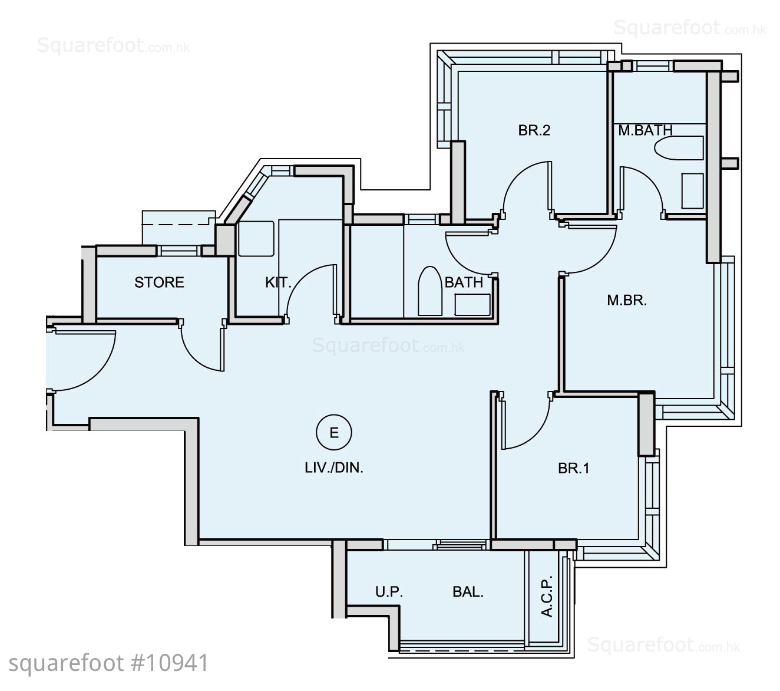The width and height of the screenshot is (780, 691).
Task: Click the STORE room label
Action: [159, 282]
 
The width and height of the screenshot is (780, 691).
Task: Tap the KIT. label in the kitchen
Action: [278, 282]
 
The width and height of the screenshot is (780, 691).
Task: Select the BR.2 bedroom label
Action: [534, 130]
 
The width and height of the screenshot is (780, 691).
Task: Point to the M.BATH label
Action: [645, 130]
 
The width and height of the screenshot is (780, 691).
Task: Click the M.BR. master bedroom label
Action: [627, 300]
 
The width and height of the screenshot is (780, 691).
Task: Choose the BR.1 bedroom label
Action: [574, 468]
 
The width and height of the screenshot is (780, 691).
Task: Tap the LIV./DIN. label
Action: [334, 468]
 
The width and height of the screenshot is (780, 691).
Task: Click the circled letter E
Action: [334, 432]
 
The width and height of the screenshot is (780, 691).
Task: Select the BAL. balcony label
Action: [468, 591]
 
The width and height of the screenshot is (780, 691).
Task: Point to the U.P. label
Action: [389, 591]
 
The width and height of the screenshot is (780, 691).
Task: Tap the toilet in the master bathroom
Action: [678, 147]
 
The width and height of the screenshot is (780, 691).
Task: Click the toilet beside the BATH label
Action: [429, 291]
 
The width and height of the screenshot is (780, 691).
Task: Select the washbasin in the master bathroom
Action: [692, 191]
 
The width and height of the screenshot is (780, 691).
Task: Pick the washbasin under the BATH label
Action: [472, 305]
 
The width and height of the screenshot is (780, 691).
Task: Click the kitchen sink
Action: [256, 239]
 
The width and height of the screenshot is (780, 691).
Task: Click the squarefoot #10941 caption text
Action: [108, 663]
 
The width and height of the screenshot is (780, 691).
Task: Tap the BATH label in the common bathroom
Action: [464, 282]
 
